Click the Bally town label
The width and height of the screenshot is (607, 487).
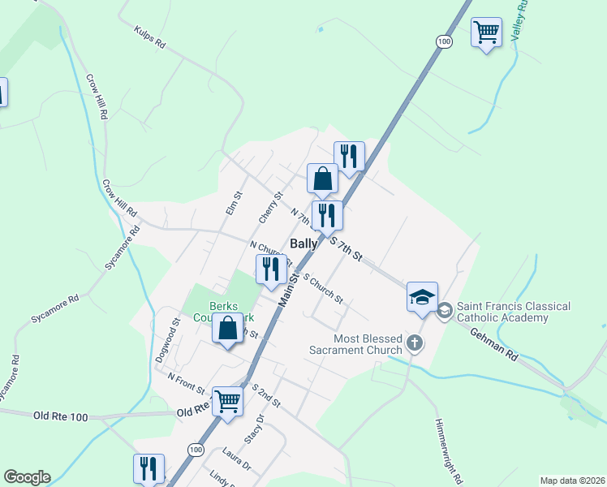coord(304,243)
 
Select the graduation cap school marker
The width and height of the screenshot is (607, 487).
coord(422,297)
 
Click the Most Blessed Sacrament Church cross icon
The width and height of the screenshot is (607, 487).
coord(415,343)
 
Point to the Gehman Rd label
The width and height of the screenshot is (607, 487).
coord(493,343)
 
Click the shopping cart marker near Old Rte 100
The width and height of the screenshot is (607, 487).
coord(228,400)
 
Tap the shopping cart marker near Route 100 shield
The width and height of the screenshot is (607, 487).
coord(486,33)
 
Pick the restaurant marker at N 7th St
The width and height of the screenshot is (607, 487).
coord(327,216)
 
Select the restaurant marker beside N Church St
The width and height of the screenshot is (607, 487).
coord(271,269)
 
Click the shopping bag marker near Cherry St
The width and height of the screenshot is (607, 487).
coord(322,179)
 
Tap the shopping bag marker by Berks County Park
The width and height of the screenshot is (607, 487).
coord(227,330)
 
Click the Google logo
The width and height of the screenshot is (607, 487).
coord(27,477)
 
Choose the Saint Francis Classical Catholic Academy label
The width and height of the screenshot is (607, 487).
coord(513,312)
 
